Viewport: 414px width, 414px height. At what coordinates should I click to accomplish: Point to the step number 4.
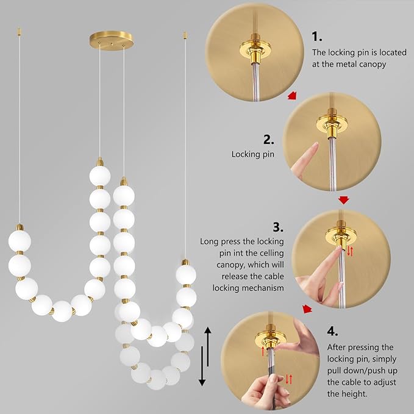[x=332, y=331]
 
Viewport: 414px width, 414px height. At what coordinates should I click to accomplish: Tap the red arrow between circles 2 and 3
[x=344, y=199]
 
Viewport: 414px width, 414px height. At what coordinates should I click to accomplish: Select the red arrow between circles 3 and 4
[x=308, y=310]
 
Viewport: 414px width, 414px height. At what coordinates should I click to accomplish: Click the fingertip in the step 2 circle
[x=315, y=147]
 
